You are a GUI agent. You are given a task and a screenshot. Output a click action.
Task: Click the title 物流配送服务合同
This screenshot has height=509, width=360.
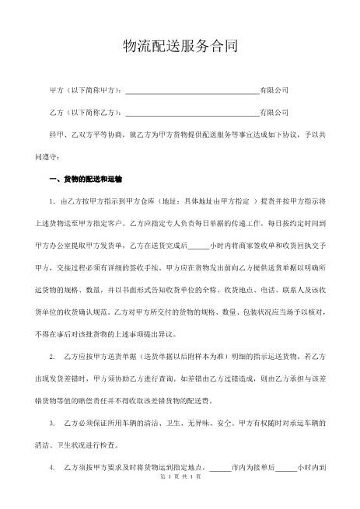pyautogui.click(x=180, y=47)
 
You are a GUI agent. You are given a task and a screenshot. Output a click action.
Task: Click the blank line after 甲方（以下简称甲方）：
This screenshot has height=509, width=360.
pyautogui.click(x=192, y=91)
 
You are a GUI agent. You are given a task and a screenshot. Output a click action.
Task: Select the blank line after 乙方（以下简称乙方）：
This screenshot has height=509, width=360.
pyautogui.click(x=192, y=113)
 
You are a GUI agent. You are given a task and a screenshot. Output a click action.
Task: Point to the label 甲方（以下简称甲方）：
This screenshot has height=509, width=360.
pyautogui.click(x=86, y=90)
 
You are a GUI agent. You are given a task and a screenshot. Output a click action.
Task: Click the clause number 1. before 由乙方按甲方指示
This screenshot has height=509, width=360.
pyautogui.click(x=52, y=201)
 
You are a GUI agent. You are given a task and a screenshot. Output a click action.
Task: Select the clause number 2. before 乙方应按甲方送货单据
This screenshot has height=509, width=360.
pyautogui.click(x=52, y=357)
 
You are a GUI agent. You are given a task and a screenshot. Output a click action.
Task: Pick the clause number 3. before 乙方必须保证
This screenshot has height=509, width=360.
pyautogui.click(x=52, y=424)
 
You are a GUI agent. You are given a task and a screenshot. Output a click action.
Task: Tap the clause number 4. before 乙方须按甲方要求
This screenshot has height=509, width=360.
pyautogui.click(x=52, y=469)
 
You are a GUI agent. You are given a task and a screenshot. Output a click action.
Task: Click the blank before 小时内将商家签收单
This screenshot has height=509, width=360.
pyautogui.click(x=198, y=246)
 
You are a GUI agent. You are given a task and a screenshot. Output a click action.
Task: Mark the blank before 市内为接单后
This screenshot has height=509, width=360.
pyautogui.click(x=220, y=469)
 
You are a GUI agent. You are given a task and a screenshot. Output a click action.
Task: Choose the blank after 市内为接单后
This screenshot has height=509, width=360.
pyautogui.click(x=286, y=469)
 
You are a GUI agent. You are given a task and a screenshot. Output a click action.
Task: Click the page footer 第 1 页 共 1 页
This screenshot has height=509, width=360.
pyautogui.click(x=180, y=498)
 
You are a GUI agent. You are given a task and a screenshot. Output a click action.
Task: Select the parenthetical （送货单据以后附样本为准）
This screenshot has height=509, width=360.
pyautogui.click(x=181, y=357)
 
